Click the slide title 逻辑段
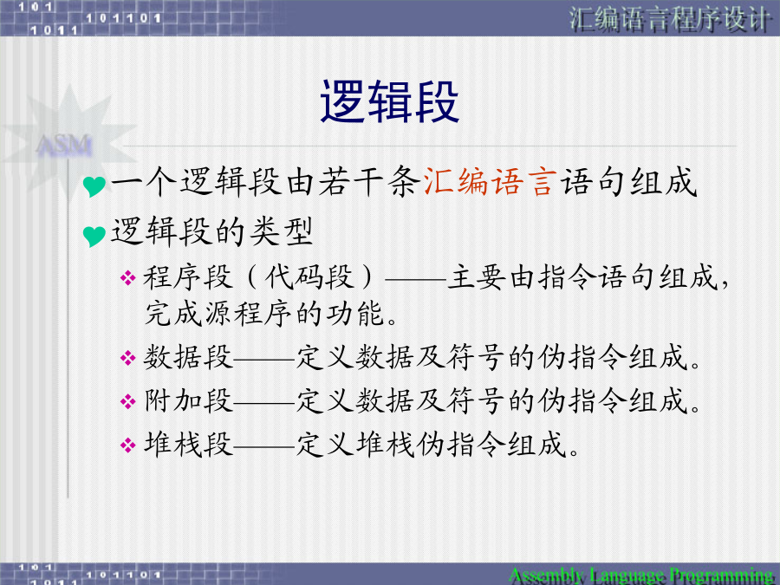pos(389,101)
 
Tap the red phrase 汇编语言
pos(490,182)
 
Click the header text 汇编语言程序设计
pos(670,19)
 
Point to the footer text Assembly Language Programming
pos(641,575)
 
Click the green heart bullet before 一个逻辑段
pos(94,186)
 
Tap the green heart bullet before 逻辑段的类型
pos(94,236)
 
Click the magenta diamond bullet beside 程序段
pos(128,277)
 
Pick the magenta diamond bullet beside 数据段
pos(128,358)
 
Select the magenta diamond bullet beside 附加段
pos(128,401)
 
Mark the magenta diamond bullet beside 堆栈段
pos(128,445)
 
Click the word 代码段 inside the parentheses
pos(309,277)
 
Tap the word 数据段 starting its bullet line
pos(188,357)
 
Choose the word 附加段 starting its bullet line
pos(188,400)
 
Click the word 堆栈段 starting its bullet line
pos(188,444)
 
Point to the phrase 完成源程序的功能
pos(264,314)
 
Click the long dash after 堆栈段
pos(264,446)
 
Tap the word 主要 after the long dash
pos(477,277)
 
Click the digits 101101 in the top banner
pos(123,18)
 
